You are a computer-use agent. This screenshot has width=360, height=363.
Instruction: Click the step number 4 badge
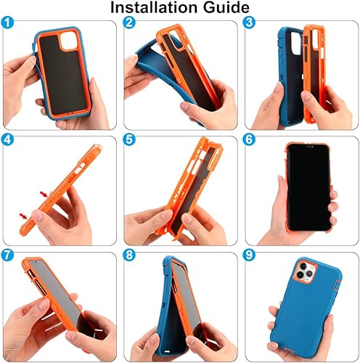[9, 139]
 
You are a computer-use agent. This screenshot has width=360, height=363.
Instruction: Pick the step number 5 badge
[130, 139]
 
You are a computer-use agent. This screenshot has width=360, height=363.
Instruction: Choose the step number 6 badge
[249, 139]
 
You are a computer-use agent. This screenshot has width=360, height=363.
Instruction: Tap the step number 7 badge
[9, 256]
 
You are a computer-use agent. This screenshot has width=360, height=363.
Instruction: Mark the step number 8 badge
[130, 256]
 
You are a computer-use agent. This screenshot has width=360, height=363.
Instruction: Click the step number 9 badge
[249, 256]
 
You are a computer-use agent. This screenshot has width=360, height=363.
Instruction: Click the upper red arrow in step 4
[48, 191]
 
